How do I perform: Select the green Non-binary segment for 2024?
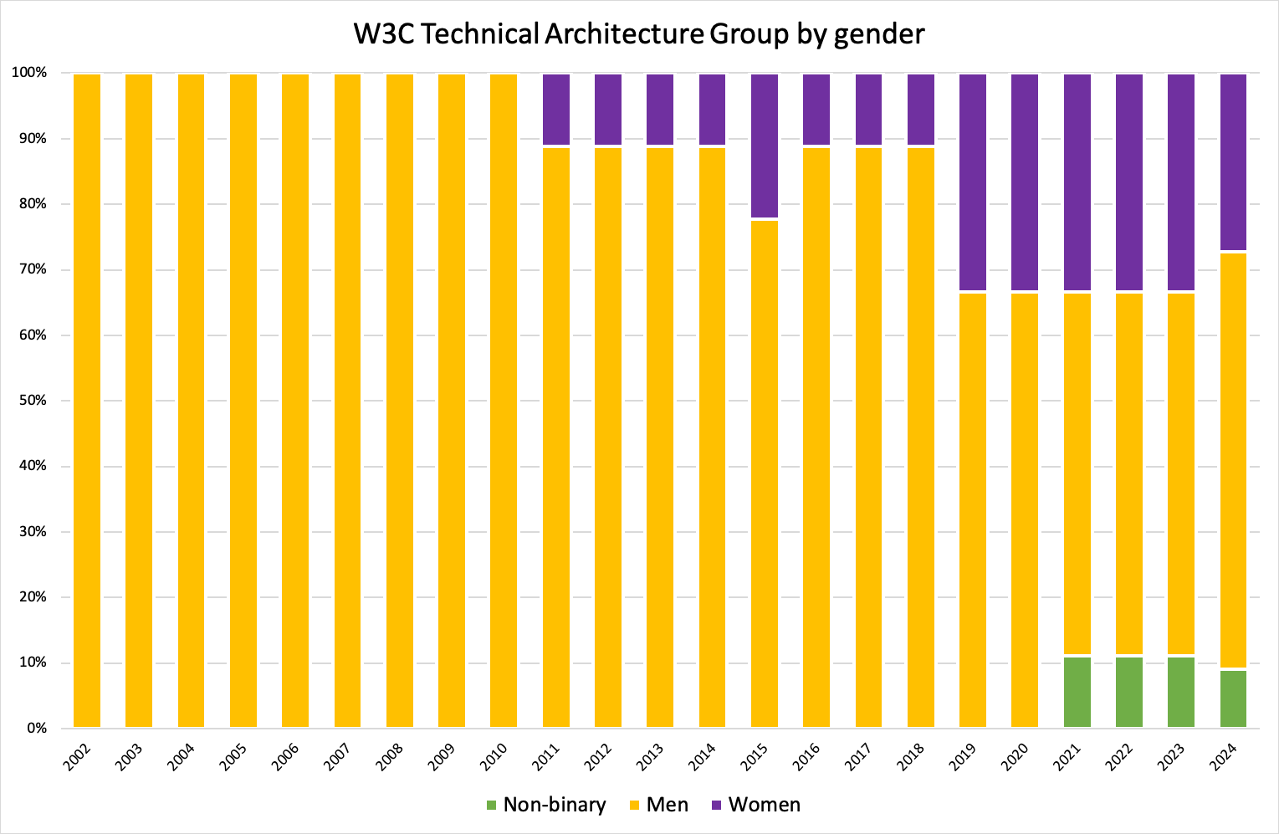click(1233, 698)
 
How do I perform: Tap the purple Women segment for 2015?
click(765, 146)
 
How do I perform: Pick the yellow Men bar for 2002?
click(87, 401)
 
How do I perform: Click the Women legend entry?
click(755, 805)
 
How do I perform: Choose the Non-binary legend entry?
click(545, 805)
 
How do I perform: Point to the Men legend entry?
click(658, 805)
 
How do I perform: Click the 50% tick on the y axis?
click(30, 401)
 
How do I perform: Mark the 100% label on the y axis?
click(28, 73)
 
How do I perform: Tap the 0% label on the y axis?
click(35, 728)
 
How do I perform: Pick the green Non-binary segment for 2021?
click(1077, 692)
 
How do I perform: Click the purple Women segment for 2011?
click(556, 110)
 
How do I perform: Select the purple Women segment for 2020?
click(1025, 182)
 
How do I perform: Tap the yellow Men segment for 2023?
click(1181, 473)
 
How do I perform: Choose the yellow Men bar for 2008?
click(400, 401)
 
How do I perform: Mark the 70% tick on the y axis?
click(30, 269)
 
